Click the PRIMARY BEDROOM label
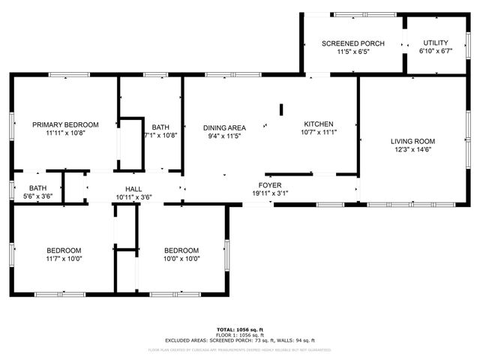pyautogui.click(x=65, y=124)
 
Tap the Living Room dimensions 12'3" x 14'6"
pyautogui.click(x=412, y=149)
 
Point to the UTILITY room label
pyautogui.click(x=436, y=43)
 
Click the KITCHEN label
pyautogui.click(x=319, y=124)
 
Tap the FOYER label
pyautogui.click(x=269, y=184)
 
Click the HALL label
pyautogui.click(x=133, y=189)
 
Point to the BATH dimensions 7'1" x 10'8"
pyautogui.click(x=160, y=136)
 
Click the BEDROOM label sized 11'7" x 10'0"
pyautogui.click(x=64, y=250)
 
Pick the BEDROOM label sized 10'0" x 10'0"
pyautogui.click(x=181, y=250)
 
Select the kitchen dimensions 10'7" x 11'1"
pyautogui.click(x=319, y=133)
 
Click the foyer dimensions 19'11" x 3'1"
pyautogui.click(x=269, y=193)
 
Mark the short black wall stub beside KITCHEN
pyautogui.click(x=281, y=109)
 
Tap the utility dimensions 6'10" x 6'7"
pyautogui.click(x=436, y=52)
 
